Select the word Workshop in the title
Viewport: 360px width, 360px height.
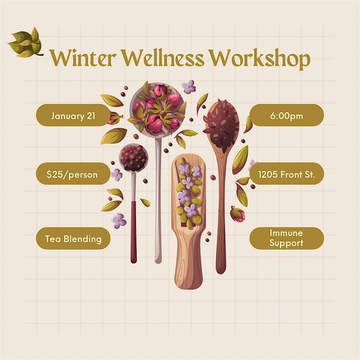pos(260,59)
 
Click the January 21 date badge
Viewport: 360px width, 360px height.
pos(73,116)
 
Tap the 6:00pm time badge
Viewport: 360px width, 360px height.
pos(286,116)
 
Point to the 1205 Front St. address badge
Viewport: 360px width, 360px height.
pos(286,174)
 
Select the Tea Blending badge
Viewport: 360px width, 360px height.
pos(73,238)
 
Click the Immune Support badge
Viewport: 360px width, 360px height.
pos(286,238)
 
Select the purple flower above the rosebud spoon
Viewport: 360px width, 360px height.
pos(189,86)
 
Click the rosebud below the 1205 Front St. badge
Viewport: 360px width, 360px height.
pos(238,214)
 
